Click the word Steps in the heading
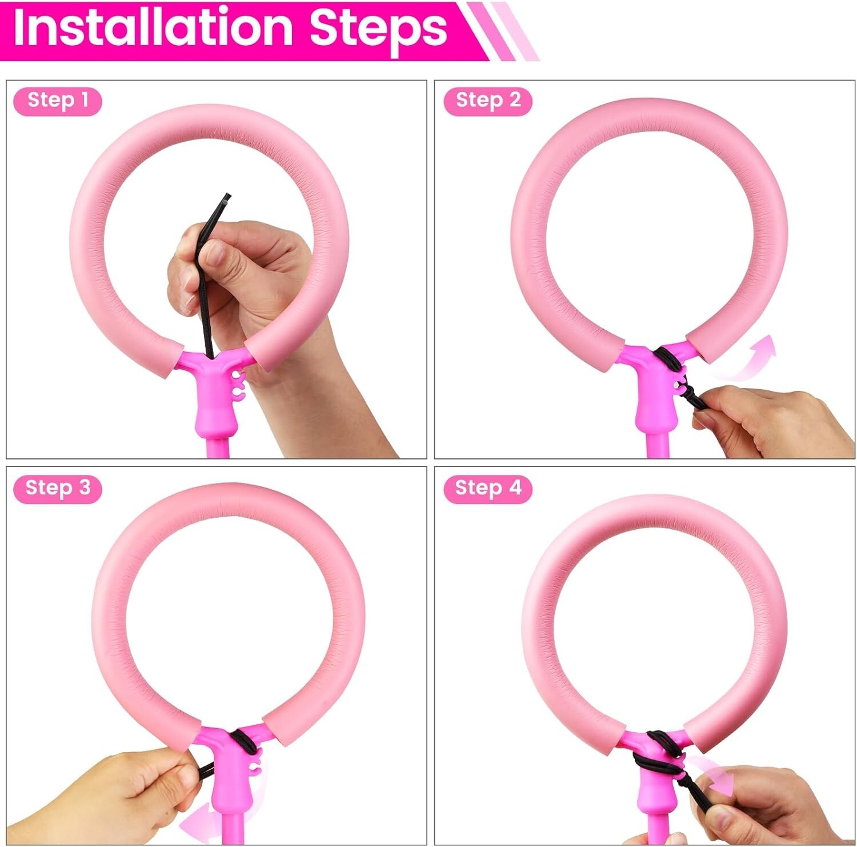point(378,29)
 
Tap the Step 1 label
point(57,101)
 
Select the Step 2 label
point(487,101)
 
